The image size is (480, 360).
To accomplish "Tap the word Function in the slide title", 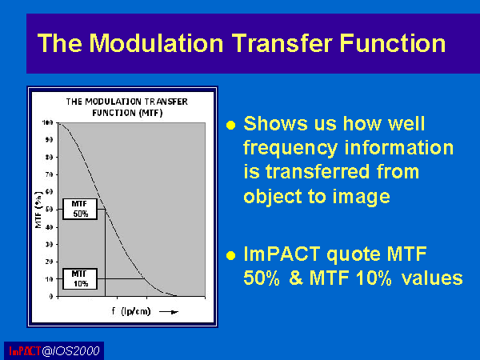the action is (x=393, y=43).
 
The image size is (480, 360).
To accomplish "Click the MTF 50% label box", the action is (x=80, y=209).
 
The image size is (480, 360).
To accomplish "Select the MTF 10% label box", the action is (x=80, y=279).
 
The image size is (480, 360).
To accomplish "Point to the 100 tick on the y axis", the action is (x=48, y=122).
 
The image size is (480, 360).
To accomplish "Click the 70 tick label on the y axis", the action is (x=49, y=174).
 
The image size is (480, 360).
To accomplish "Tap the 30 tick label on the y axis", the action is (x=49, y=244).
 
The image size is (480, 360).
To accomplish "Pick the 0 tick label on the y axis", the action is (x=51, y=296).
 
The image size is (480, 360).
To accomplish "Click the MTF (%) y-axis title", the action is (x=38, y=210).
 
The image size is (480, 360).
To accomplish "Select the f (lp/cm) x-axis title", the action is (x=131, y=311).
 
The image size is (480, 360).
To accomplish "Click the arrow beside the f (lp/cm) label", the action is (x=169, y=312).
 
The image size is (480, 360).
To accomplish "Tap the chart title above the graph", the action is (x=127, y=107).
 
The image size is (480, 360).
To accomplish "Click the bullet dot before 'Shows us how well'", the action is (x=231, y=125).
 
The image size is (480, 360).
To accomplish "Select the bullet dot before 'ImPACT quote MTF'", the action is (x=231, y=255).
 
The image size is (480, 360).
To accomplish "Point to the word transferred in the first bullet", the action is (x=318, y=171).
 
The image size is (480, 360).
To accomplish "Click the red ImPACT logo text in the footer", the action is (x=25, y=351).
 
